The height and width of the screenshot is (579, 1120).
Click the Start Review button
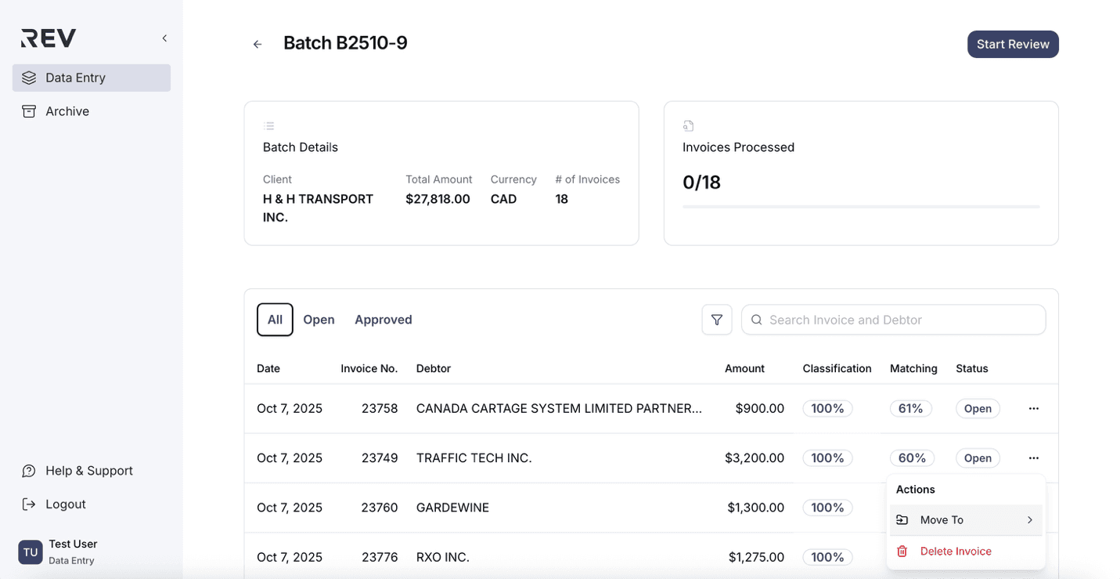click(x=1012, y=45)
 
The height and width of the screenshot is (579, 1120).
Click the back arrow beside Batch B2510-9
click(x=257, y=45)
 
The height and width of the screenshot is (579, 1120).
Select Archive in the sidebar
click(x=67, y=111)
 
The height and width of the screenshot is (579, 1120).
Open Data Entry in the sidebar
click(x=75, y=78)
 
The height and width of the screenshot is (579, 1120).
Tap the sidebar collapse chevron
click(x=164, y=38)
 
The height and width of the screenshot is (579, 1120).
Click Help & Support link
click(x=88, y=471)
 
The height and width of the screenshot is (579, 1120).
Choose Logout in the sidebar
click(x=65, y=505)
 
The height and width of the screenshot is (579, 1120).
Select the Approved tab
click(x=383, y=320)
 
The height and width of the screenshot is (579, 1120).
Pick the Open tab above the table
click(x=319, y=320)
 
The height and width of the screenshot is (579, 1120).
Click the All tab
click(x=275, y=320)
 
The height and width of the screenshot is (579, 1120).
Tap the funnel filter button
click(x=716, y=320)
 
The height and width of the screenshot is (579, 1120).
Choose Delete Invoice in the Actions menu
click(x=955, y=552)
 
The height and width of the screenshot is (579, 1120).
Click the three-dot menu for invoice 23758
click(x=1033, y=409)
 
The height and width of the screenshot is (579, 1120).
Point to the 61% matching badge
click(x=910, y=409)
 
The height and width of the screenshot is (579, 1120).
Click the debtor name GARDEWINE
click(x=452, y=508)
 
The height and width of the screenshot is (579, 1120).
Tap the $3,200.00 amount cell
click(x=754, y=458)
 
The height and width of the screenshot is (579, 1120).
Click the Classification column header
click(x=836, y=368)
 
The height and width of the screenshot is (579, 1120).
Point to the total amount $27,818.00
click(x=438, y=199)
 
